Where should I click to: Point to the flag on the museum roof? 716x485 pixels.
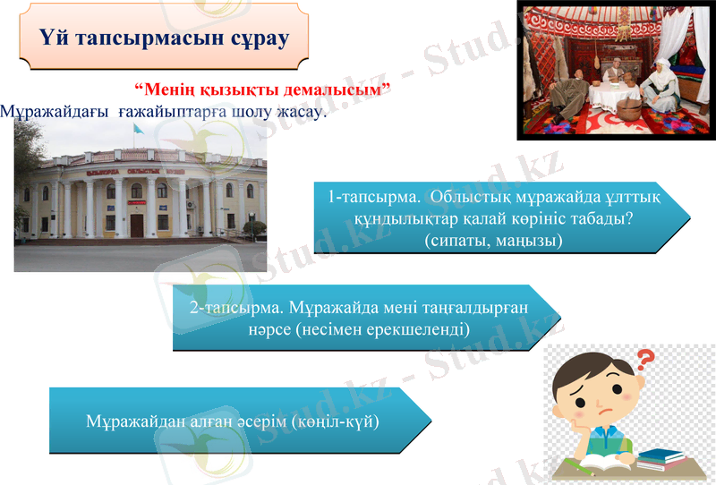click(137, 130)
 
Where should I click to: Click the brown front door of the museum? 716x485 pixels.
click(136, 225)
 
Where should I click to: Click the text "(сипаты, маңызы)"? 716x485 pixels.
click(493, 241)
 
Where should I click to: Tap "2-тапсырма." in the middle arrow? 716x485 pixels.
click(234, 307)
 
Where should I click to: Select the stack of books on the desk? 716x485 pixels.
click(661, 457)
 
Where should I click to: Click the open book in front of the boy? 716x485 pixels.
click(598, 466)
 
